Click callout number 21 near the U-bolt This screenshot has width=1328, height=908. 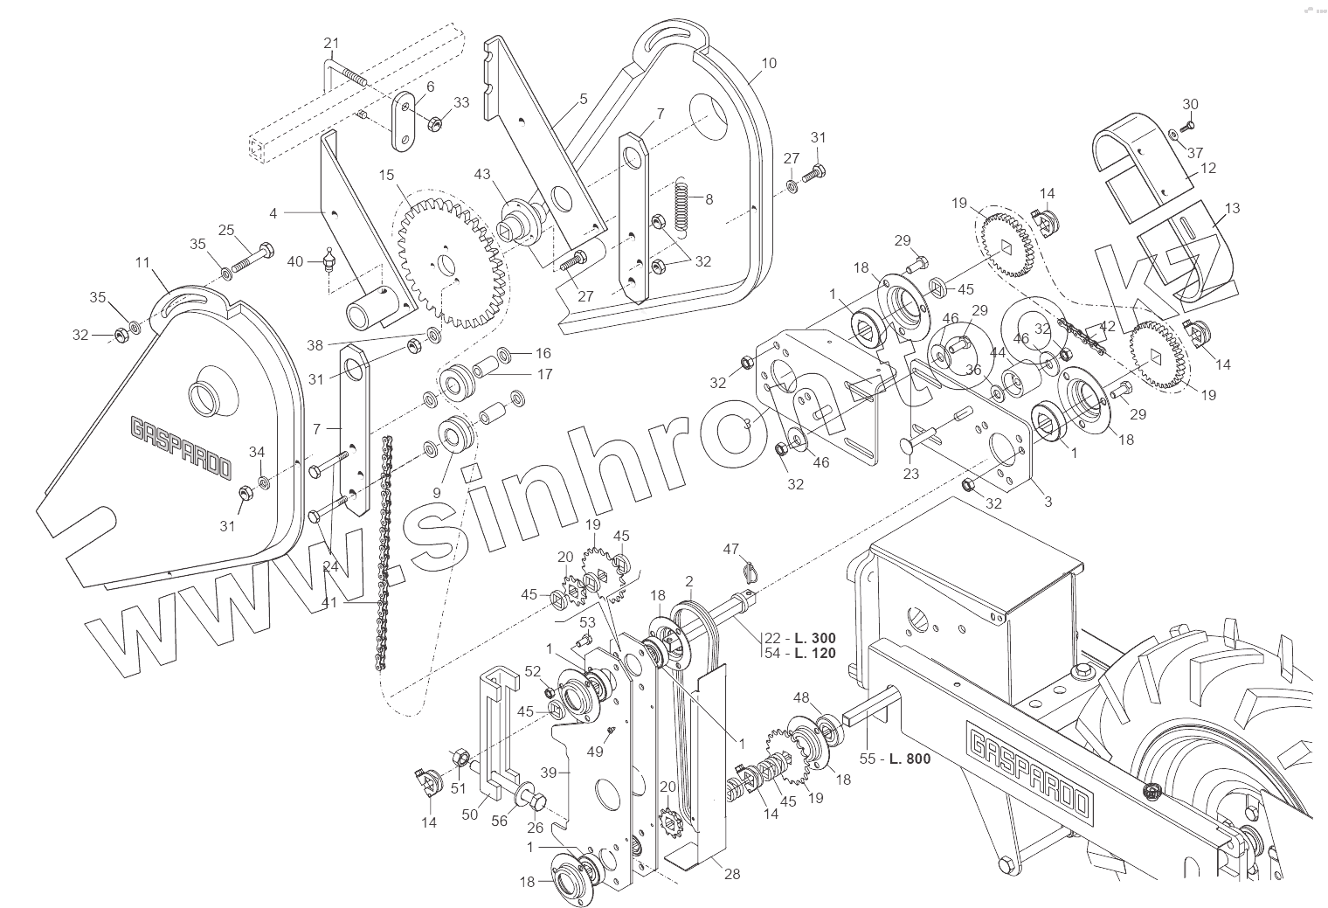pos(330,44)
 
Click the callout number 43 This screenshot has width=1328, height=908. pos(482,174)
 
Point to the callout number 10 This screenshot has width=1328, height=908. pos(768,64)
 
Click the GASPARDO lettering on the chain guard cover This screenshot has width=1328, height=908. pos(181,448)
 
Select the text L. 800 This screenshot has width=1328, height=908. pos(909,759)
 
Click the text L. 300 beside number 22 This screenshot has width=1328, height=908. pos(813,638)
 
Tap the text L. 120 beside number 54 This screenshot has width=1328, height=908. pos(813,654)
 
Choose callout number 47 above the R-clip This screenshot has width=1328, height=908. pos(731,549)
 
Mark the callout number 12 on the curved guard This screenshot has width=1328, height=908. pos(1208,168)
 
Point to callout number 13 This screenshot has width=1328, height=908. pos(1232,208)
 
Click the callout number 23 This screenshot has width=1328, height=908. pos(910,475)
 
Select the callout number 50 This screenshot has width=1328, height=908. pos(469,814)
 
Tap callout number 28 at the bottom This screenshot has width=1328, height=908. pos(732,874)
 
